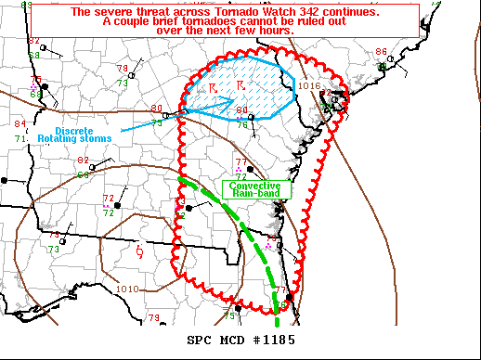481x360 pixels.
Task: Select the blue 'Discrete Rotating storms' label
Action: pos(81,134)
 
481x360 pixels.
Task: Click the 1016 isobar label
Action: pos(310,85)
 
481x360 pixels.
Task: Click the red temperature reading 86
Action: pos(381,52)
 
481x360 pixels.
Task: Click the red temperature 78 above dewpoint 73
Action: pos(122,69)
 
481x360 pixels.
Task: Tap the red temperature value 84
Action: pos(20,124)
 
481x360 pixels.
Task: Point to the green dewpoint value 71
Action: pos(20,138)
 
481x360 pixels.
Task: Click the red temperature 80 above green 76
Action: pos(242,111)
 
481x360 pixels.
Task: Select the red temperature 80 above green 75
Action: pos(156,109)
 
